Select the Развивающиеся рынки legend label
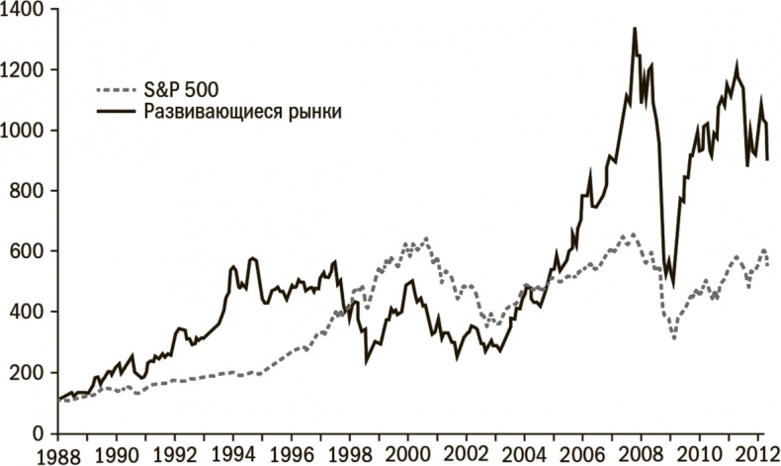243,112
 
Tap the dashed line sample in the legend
119,88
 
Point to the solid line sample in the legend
119,112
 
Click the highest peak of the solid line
634,28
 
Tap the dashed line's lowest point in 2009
674,338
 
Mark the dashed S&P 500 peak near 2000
426,238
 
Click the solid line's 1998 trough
367,362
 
